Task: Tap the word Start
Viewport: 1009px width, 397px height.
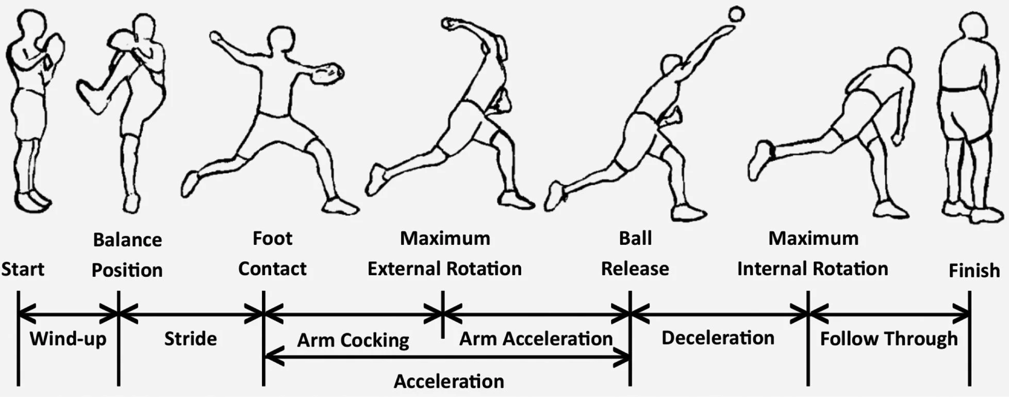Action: [x=23, y=269]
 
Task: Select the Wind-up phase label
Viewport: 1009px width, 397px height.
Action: [x=68, y=339]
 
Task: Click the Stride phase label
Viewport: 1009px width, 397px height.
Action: [x=190, y=339]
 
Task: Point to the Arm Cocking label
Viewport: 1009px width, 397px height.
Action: [x=353, y=340]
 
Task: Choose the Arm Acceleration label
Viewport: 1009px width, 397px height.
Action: [x=536, y=339]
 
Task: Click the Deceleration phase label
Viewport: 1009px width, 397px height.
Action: [x=718, y=338]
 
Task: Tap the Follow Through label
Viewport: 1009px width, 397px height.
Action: [x=888, y=339]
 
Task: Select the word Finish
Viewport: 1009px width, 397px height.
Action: [x=974, y=270]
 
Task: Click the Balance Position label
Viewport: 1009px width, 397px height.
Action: [x=127, y=255]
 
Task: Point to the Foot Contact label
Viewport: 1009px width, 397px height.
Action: [x=272, y=253]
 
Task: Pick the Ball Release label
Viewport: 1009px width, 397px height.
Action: [x=635, y=253]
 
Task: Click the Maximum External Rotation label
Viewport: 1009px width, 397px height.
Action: [x=444, y=253]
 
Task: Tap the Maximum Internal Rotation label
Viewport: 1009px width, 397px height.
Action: [x=813, y=253]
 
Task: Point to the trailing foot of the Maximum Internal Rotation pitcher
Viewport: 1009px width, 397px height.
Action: [x=762, y=160]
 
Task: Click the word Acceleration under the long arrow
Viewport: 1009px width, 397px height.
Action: [x=449, y=382]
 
